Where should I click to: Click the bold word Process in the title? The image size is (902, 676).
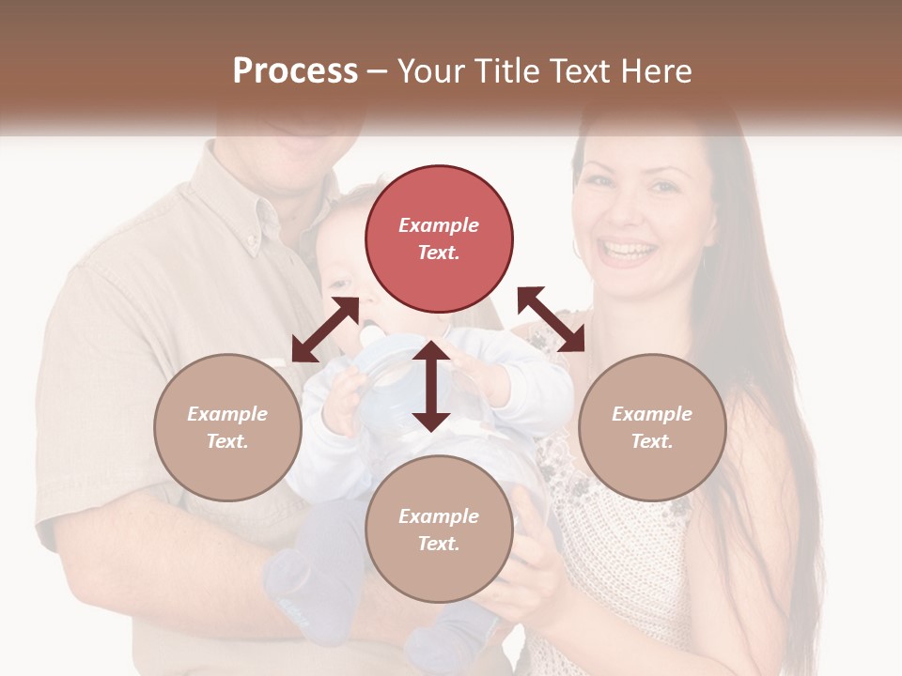tap(295, 70)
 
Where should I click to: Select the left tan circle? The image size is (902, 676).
tap(227, 427)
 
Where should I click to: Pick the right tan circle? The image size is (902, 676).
tap(652, 427)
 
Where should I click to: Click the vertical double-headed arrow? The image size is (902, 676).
tap(431, 386)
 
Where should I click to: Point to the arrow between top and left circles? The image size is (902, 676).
tap(325, 330)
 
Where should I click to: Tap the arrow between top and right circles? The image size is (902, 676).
tap(551, 319)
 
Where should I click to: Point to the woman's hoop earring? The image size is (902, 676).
tap(576, 248)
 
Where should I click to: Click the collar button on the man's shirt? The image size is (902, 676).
tap(253, 242)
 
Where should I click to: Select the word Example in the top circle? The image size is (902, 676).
tap(439, 225)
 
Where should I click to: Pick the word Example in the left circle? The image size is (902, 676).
tap(227, 414)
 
